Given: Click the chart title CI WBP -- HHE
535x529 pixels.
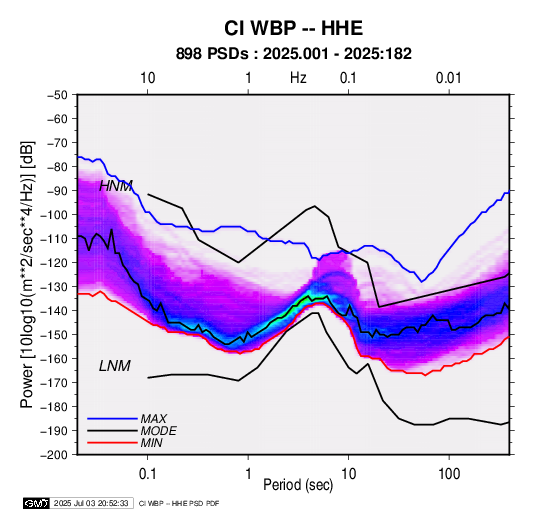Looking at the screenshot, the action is (x=293, y=28).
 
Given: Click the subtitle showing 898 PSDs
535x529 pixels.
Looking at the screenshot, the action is (x=294, y=54).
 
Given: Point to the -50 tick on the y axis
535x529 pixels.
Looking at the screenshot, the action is (x=59, y=95).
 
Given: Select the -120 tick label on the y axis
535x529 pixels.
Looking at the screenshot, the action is (x=56, y=263).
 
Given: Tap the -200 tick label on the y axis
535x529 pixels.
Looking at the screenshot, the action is (x=56, y=455).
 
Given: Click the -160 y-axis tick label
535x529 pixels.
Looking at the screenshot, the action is (x=56, y=359).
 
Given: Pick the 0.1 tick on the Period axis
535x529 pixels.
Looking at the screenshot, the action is (x=147, y=474).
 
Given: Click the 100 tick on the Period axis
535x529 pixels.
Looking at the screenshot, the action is (x=449, y=474).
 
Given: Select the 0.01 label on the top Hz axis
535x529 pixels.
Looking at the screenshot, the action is (x=449, y=78).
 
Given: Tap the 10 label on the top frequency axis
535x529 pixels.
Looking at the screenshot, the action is (x=148, y=78).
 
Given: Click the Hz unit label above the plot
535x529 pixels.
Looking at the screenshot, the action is (x=298, y=78).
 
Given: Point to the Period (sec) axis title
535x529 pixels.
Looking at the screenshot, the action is (x=298, y=485).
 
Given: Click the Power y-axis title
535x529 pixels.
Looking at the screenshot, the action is (x=27, y=274).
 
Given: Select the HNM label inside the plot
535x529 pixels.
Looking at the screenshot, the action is (x=116, y=186).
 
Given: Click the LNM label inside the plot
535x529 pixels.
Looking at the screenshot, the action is (x=115, y=366).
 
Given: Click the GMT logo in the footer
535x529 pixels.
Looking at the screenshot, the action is (x=37, y=503).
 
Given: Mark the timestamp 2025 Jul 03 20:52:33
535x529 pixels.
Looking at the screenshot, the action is (x=91, y=503).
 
